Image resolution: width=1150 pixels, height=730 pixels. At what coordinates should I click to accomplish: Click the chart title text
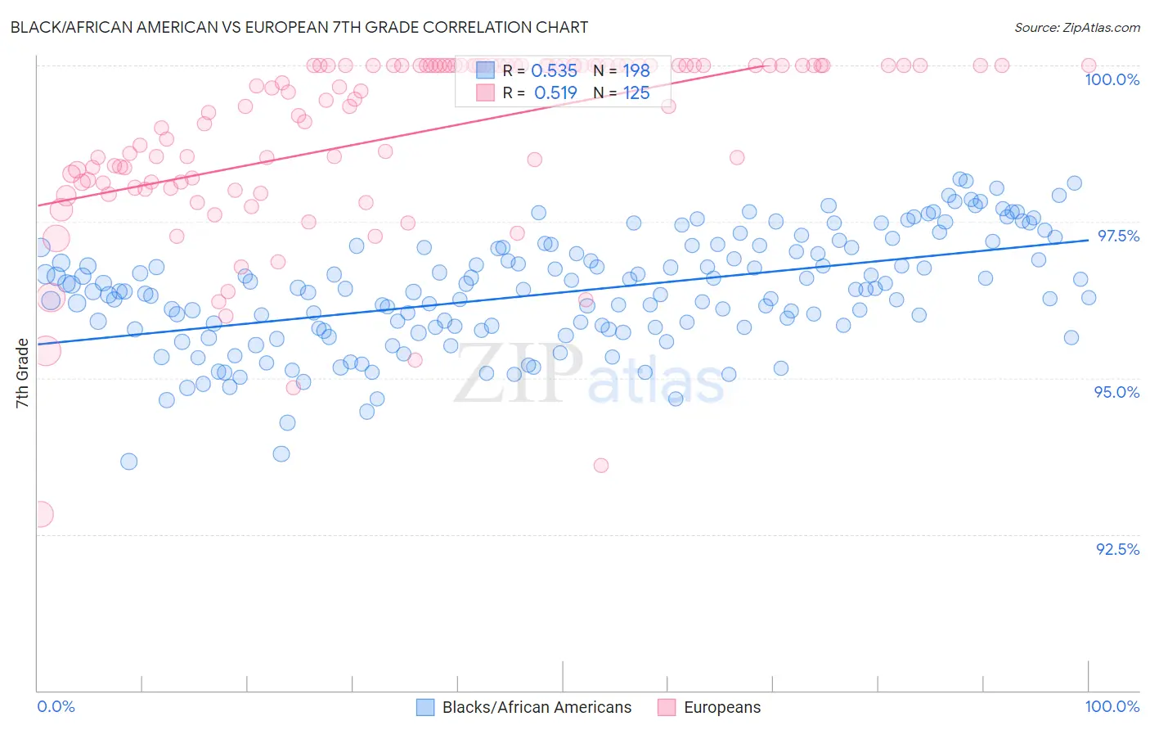tap(299, 27)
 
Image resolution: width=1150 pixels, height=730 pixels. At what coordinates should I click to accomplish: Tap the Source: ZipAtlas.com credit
tap(1076, 27)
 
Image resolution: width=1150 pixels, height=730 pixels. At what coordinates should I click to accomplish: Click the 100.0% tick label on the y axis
tap(1112, 79)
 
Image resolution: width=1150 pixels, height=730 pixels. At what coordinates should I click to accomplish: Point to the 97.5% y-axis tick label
tap(1118, 236)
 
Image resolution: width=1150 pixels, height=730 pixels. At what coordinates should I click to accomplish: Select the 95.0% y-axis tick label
tap(1116, 392)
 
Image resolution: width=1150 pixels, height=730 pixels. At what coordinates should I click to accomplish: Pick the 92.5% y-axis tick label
tap(1117, 549)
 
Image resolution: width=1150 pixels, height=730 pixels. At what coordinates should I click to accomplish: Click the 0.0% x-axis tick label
tap(56, 706)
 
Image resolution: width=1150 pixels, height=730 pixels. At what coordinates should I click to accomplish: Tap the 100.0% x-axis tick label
tap(1112, 706)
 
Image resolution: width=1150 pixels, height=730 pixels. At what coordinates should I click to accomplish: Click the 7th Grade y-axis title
tap(22, 373)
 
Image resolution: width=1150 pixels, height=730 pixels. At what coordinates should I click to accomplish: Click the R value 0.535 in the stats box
tap(554, 71)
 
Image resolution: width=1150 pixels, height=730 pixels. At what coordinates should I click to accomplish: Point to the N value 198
tap(636, 71)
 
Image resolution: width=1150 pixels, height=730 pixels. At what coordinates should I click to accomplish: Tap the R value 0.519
tap(555, 93)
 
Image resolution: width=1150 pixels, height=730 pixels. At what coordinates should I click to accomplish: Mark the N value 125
tap(636, 93)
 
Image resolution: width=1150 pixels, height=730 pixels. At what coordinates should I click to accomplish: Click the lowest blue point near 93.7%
tap(128, 462)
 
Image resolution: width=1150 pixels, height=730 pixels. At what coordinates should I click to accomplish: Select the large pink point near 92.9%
tap(39, 514)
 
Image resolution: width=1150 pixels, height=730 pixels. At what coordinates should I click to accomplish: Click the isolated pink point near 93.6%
tap(601, 466)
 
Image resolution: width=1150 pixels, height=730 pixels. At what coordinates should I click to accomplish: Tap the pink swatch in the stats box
tap(485, 93)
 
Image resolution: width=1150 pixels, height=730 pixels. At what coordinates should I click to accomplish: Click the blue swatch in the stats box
tap(485, 71)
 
